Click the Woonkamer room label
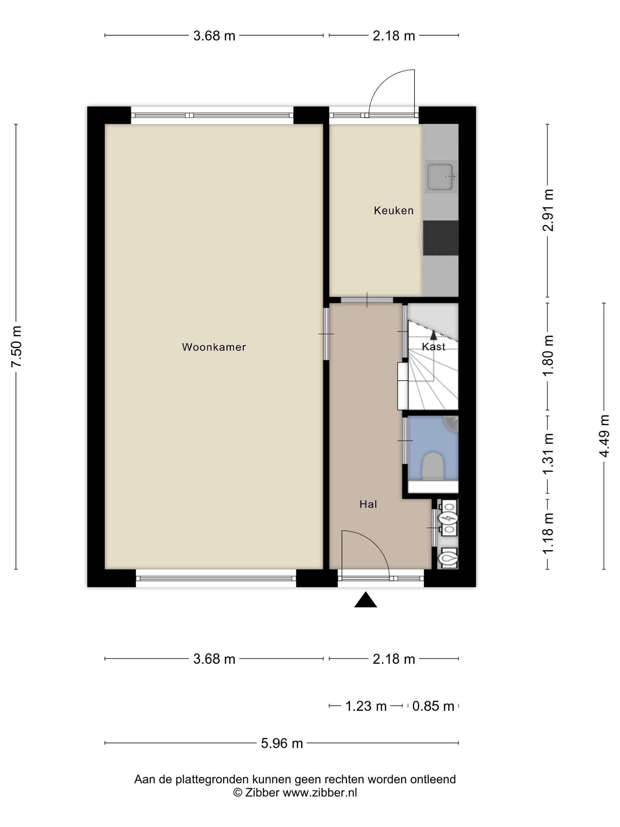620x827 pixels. [214, 347]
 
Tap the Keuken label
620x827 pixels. [394, 211]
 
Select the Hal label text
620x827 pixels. [368, 505]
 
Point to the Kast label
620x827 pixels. [433, 347]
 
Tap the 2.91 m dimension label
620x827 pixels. [548, 211]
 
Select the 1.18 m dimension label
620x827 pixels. [548, 533]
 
